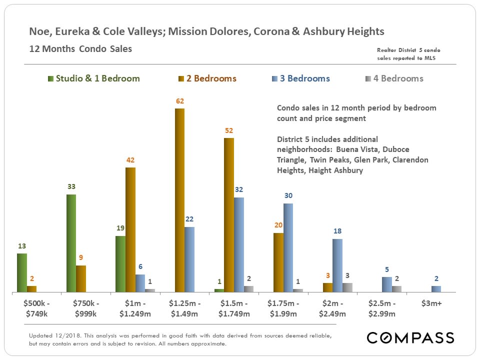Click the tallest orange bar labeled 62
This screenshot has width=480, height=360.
point(179,200)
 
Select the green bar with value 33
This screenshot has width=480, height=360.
point(71,243)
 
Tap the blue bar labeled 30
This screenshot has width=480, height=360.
point(288,247)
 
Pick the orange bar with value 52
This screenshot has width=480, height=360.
point(229,215)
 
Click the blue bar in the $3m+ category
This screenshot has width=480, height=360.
point(436,289)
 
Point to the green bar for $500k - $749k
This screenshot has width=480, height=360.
point(21,272)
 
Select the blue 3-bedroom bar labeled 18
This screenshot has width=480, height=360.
point(337,265)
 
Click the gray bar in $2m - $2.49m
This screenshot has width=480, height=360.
point(347,287)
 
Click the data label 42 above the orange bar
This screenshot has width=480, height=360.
point(130,160)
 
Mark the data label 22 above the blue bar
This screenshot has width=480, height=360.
point(189,219)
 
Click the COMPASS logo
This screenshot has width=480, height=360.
point(410,337)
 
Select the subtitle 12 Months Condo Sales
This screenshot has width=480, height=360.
point(80,49)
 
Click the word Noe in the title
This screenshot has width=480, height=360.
point(39,31)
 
